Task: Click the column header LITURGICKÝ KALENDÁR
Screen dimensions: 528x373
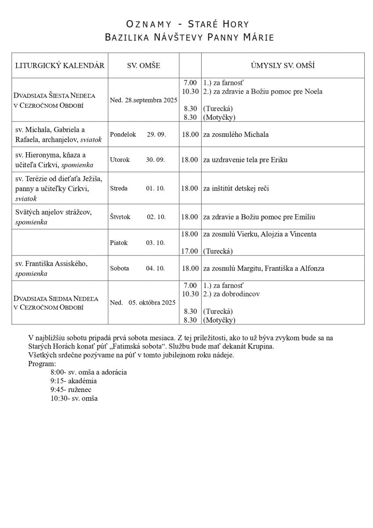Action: (x=60, y=66)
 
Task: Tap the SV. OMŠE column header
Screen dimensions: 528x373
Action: (x=143, y=66)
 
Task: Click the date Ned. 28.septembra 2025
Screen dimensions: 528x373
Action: (x=144, y=100)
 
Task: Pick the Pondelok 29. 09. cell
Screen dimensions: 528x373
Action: (x=138, y=134)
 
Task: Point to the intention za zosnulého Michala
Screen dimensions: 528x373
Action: (x=235, y=134)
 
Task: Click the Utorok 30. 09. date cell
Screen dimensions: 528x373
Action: (x=138, y=160)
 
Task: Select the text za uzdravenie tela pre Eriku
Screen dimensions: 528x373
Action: (x=245, y=160)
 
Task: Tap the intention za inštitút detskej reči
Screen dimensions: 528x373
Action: (x=236, y=188)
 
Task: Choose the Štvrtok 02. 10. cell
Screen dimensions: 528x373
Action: (x=138, y=217)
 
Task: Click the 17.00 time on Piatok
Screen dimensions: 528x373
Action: (x=190, y=251)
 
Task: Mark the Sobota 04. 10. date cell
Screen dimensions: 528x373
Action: (x=138, y=268)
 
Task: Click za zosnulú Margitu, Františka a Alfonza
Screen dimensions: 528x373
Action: (x=263, y=268)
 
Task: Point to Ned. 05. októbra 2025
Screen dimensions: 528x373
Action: (x=143, y=302)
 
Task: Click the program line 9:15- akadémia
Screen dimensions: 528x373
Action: (x=73, y=381)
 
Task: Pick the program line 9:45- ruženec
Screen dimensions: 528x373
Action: (x=71, y=389)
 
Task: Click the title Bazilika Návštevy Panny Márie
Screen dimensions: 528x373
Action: (x=189, y=38)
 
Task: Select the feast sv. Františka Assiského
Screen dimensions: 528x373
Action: (x=51, y=264)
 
